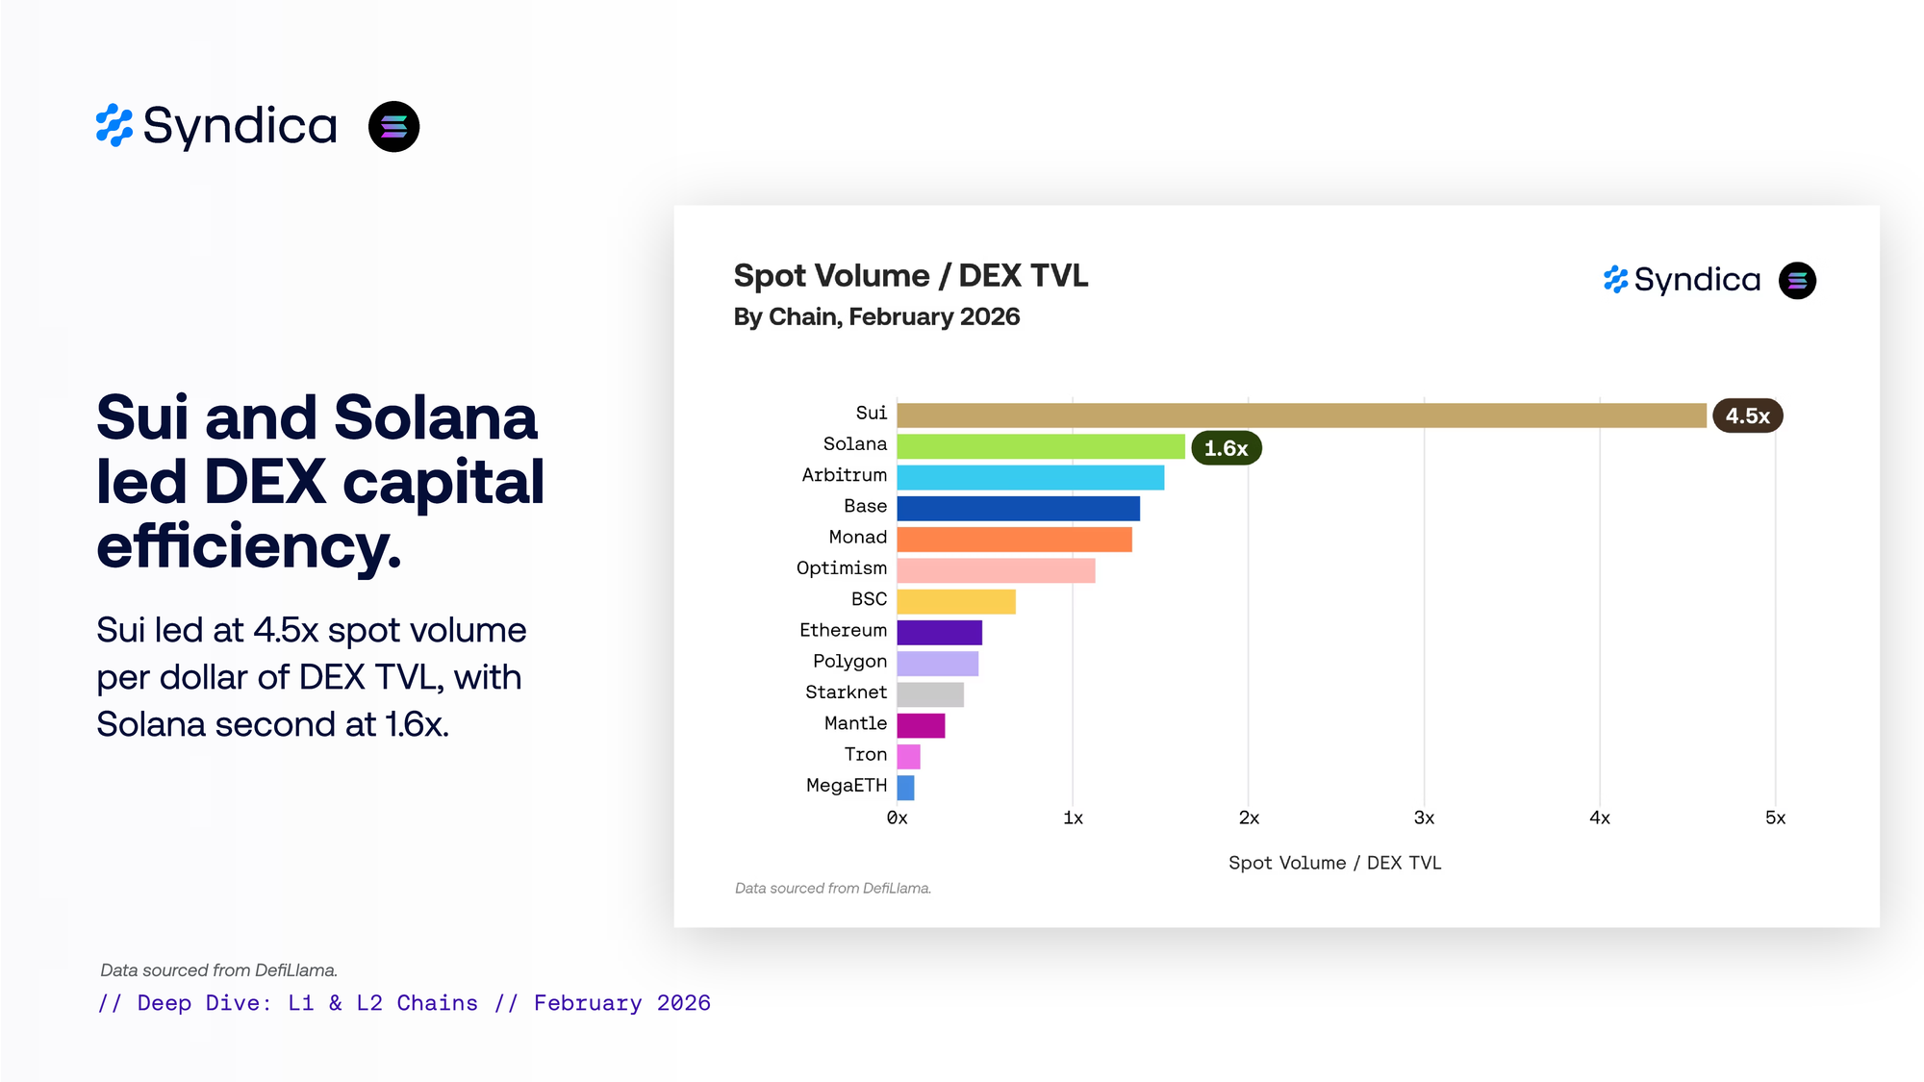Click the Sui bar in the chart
point(1301,415)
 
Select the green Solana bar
point(1040,446)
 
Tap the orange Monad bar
point(1014,540)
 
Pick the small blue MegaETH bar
point(905,788)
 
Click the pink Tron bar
point(908,757)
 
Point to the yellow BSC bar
point(955,601)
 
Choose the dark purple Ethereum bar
point(939,633)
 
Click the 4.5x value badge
point(1747,415)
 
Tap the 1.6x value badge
point(1226,448)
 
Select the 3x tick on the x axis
point(1424,818)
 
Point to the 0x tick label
point(897,818)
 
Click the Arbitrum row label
point(844,475)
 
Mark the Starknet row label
point(846,692)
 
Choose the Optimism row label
point(841,568)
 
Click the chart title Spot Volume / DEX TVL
point(910,276)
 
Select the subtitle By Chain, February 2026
point(875,316)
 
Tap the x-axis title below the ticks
point(1334,863)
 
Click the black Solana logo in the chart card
point(1796,281)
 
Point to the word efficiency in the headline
point(248,545)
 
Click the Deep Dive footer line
point(404,1003)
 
